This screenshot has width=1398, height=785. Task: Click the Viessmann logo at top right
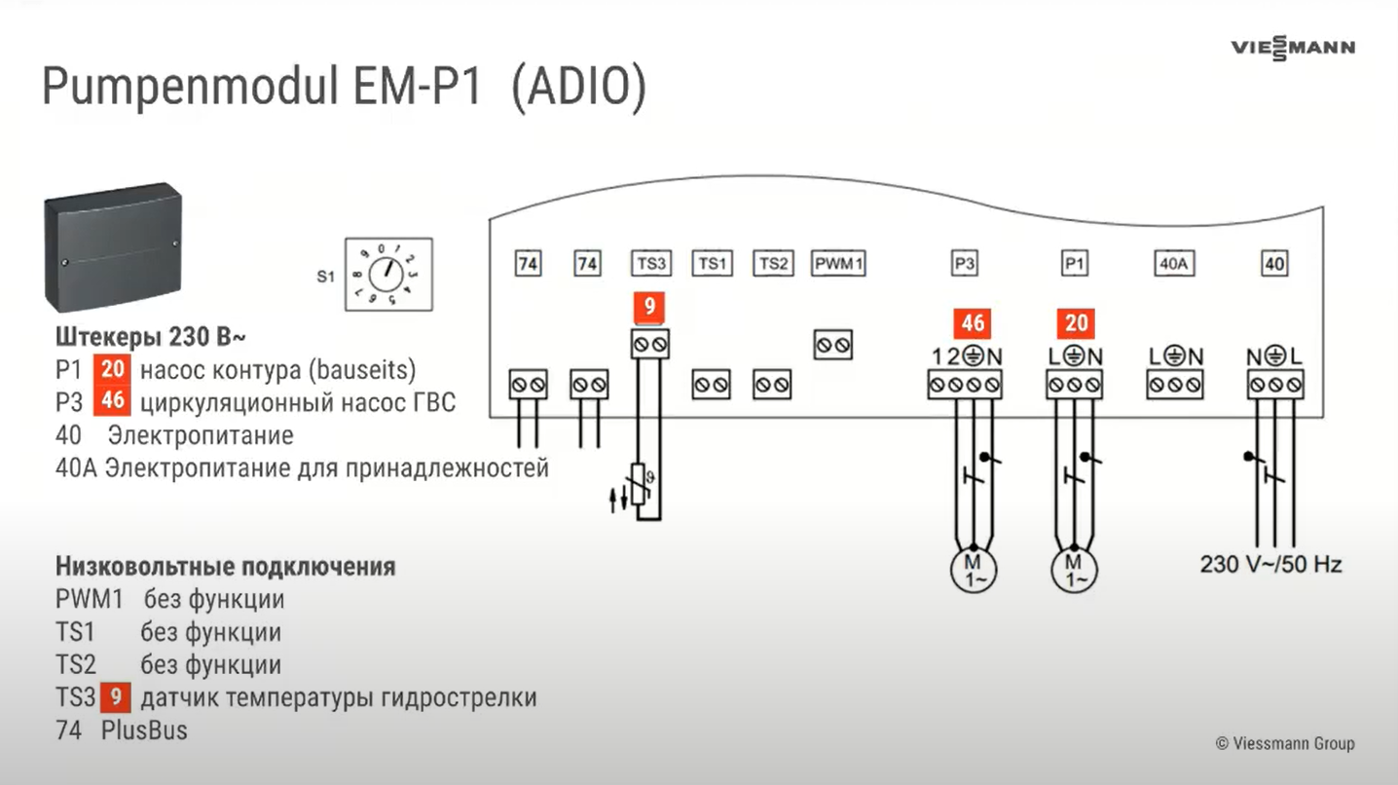tap(1292, 48)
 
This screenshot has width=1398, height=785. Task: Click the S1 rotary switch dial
tap(387, 276)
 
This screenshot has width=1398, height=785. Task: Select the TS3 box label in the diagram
tap(650, 264)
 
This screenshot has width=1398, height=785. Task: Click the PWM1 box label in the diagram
tap(838, 264)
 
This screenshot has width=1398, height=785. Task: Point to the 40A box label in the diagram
tap(1174, 264)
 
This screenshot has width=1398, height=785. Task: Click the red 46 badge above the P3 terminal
tap(973, 323)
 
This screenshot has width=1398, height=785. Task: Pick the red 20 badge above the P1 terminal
tap(1075, 323)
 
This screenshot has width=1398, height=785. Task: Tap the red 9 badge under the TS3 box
tap(650, 308)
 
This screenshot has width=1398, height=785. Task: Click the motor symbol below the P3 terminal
tap(973, 568)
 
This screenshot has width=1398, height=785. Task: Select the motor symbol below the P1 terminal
tap(1075, 568)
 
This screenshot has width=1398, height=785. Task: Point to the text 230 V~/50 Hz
tap(1270, 564)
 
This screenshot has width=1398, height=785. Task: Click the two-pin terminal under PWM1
tap(833, 345)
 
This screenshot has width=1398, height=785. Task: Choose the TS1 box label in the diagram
tap(712, 264)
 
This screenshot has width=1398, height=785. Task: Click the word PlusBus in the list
tap(144, 730)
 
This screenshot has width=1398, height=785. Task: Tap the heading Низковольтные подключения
tap(225, 567)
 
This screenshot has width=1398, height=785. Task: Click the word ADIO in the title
tap(578, 89)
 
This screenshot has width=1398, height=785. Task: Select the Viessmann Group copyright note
tap(1284, 743)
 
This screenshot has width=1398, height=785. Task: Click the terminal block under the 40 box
tap(1274, 386)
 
